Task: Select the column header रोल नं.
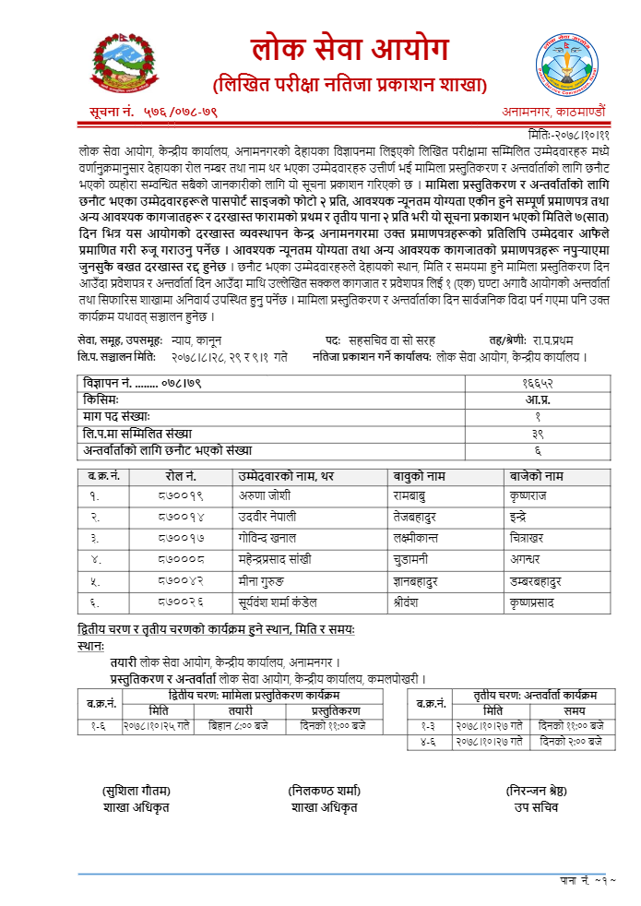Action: coord(182,476)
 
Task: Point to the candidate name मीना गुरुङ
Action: coord(267,580)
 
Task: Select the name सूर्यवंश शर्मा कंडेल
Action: coord(289,602)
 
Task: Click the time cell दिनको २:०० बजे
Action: coord(572,741)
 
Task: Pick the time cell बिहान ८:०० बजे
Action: coord(242,726)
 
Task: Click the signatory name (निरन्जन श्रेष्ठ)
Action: coord(540,792)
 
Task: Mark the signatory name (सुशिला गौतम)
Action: coord(137,792)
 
